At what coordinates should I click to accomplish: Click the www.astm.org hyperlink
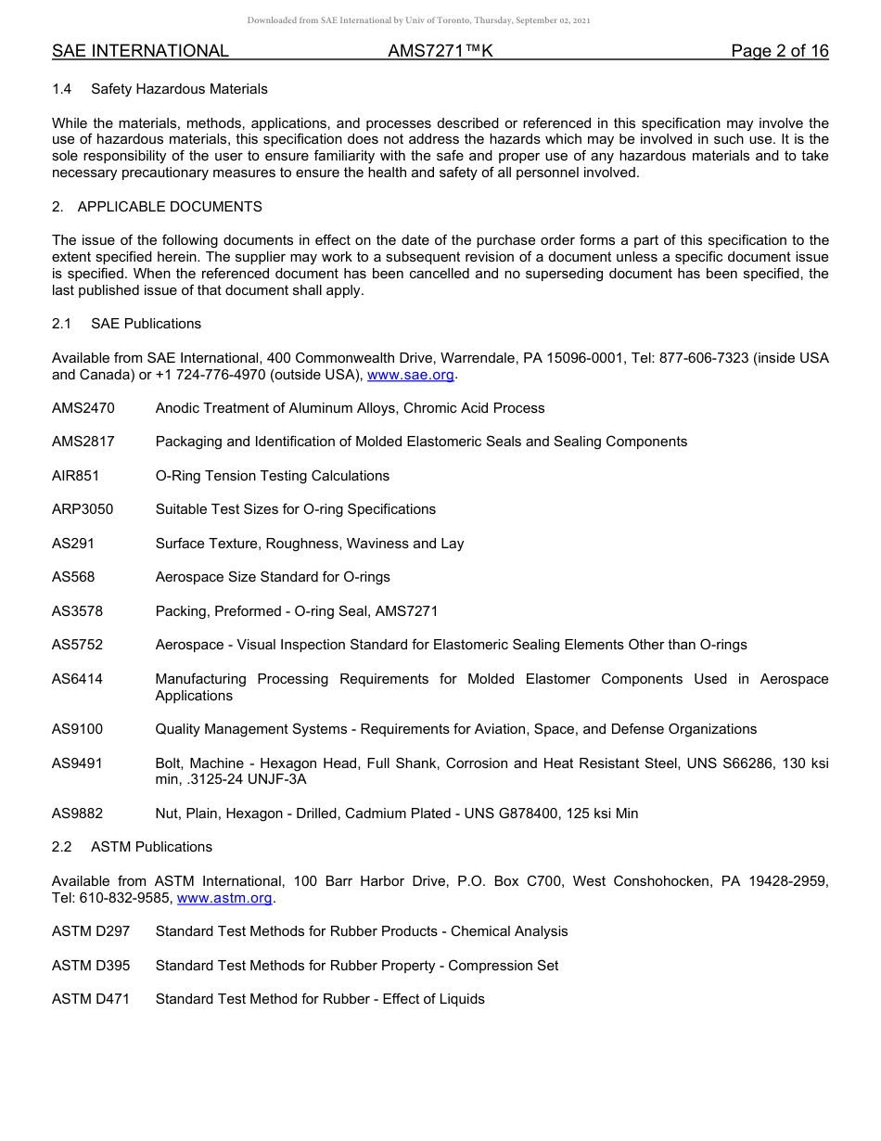[x=224, y=898]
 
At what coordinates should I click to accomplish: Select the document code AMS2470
[x=83, y=408]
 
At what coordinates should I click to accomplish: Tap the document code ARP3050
[x=83, y=509]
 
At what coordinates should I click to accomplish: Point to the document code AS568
[x=73, y=577]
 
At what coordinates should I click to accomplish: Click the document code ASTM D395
[x=91, y=966]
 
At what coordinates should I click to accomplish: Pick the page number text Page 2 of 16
[x=779, y=51]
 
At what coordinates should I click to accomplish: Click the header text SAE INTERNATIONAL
[x=140, y=51]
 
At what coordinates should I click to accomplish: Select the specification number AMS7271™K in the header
[x=440, y=51]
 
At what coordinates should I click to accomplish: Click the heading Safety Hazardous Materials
[x=179, y=89]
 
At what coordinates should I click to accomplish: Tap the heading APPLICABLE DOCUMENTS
[x=170, y=207]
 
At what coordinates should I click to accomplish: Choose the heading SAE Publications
[x=146, y=324]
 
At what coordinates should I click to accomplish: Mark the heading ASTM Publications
[x=151, y=847]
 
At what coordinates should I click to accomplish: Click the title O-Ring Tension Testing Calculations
[x=273, y=476]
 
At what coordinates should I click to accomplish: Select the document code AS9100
[x=77, y=729]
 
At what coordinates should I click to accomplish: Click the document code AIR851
[x=75, y=476]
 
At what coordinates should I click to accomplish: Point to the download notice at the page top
[x=418, y=20]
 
